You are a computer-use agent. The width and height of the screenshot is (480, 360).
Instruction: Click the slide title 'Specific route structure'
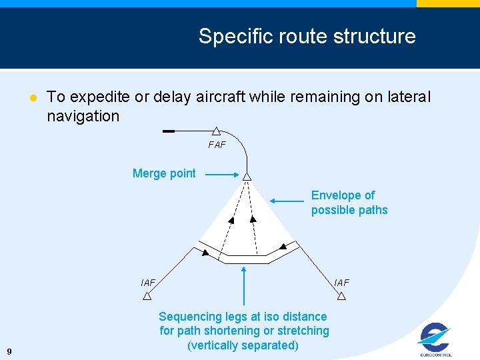pos(307,36)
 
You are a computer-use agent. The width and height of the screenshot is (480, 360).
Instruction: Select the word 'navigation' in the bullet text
pos(83,116)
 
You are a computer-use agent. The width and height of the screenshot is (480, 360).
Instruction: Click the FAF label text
pos(217,145)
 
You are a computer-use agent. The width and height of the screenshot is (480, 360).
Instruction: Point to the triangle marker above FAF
pos(217,131)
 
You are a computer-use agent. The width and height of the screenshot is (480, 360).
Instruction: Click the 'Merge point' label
pos(164,173)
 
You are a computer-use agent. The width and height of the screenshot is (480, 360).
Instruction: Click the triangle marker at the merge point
pos(247,177)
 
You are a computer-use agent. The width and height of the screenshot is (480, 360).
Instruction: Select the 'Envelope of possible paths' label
pos(349,203)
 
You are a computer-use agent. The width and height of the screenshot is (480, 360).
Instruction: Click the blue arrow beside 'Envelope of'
pos(288,199)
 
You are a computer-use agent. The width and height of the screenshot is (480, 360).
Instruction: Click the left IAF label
pos(148,283)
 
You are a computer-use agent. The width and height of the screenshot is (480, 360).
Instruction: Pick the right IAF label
pos(341,283)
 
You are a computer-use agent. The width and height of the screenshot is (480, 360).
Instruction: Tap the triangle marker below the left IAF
pos(147,295)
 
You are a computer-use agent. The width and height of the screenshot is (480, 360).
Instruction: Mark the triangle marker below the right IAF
pos(341,295)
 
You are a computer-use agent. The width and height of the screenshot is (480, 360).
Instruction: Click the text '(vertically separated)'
pos(243,345)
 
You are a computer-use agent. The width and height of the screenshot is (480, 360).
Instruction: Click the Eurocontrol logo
pos(435,339)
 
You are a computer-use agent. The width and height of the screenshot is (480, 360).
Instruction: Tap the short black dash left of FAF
pos(169,131)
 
